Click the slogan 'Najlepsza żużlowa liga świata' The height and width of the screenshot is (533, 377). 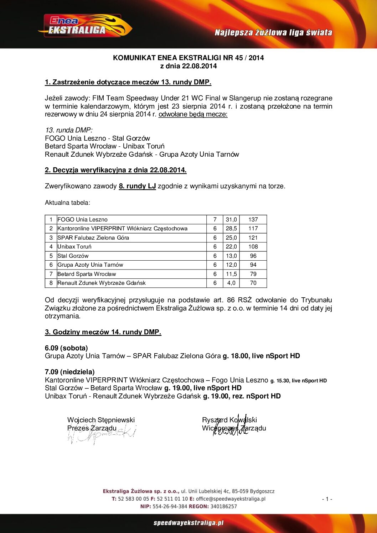click(273, 33)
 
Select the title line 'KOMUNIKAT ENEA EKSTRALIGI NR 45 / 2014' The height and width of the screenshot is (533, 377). click(188, 58)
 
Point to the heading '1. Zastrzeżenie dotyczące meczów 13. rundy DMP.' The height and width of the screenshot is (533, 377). click(128, 82)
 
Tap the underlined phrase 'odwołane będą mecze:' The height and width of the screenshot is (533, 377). click(193, 114)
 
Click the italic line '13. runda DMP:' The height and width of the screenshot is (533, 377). click(68, 130)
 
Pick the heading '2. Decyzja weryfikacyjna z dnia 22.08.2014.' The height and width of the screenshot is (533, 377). click(115, 170)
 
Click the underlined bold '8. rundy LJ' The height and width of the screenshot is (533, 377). click(137, 186)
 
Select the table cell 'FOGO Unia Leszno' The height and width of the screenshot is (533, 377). click(82, 220)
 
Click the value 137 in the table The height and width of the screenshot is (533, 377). click(253, 220)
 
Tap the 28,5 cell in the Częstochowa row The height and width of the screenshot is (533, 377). click(231, 229)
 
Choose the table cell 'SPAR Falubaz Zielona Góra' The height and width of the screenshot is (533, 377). click(93, 238)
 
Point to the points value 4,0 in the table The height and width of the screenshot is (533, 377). click(231, 283)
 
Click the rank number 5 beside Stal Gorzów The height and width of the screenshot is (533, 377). click(51, 256)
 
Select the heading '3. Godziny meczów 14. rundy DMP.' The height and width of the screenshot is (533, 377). click(103, 332)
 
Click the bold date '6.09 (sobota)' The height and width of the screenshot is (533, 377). click(66, 348)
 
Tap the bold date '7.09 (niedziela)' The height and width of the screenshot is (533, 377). click(69, 372)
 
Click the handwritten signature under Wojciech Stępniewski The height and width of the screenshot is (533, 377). click(102, 435)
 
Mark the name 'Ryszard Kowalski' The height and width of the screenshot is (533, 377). click(229, 420)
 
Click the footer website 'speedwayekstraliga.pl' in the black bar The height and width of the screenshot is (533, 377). click(188, 523)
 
